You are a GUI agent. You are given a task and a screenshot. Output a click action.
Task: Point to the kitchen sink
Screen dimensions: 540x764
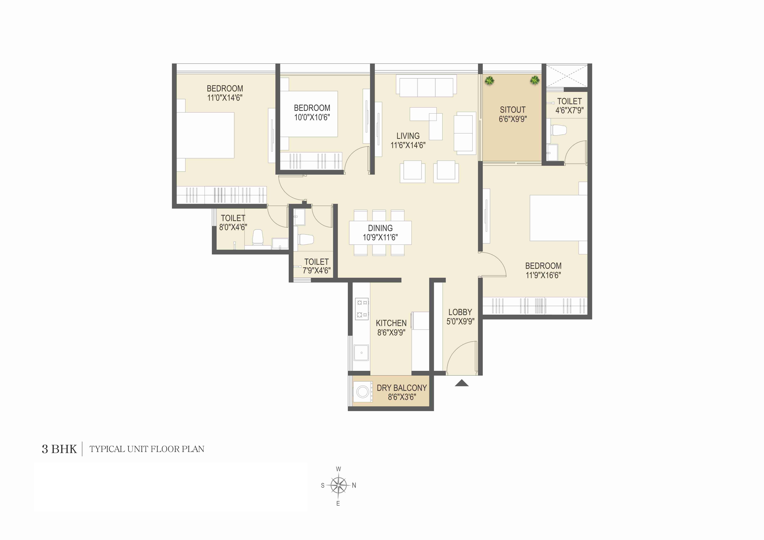tap(361, 353)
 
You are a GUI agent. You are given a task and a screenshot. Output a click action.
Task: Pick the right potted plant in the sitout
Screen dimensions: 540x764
tap(534, 80)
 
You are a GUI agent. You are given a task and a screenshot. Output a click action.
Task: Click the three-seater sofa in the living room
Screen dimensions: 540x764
tap(426, 87)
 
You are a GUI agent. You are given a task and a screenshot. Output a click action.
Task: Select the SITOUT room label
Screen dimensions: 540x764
tap(512, 110)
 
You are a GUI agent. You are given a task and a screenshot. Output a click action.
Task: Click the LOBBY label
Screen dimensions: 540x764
tap(460, 312)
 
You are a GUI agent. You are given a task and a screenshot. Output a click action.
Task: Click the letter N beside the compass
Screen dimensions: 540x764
tap(354, 486)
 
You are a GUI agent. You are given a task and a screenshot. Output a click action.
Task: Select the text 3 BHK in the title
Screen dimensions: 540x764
tap(59, 449)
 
